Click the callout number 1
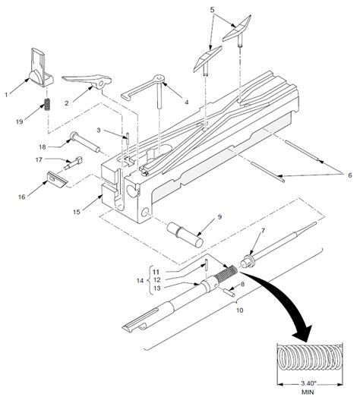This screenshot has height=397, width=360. point(7,94)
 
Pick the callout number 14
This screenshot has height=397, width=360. point(139,280)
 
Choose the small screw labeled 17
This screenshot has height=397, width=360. point(75,160)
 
